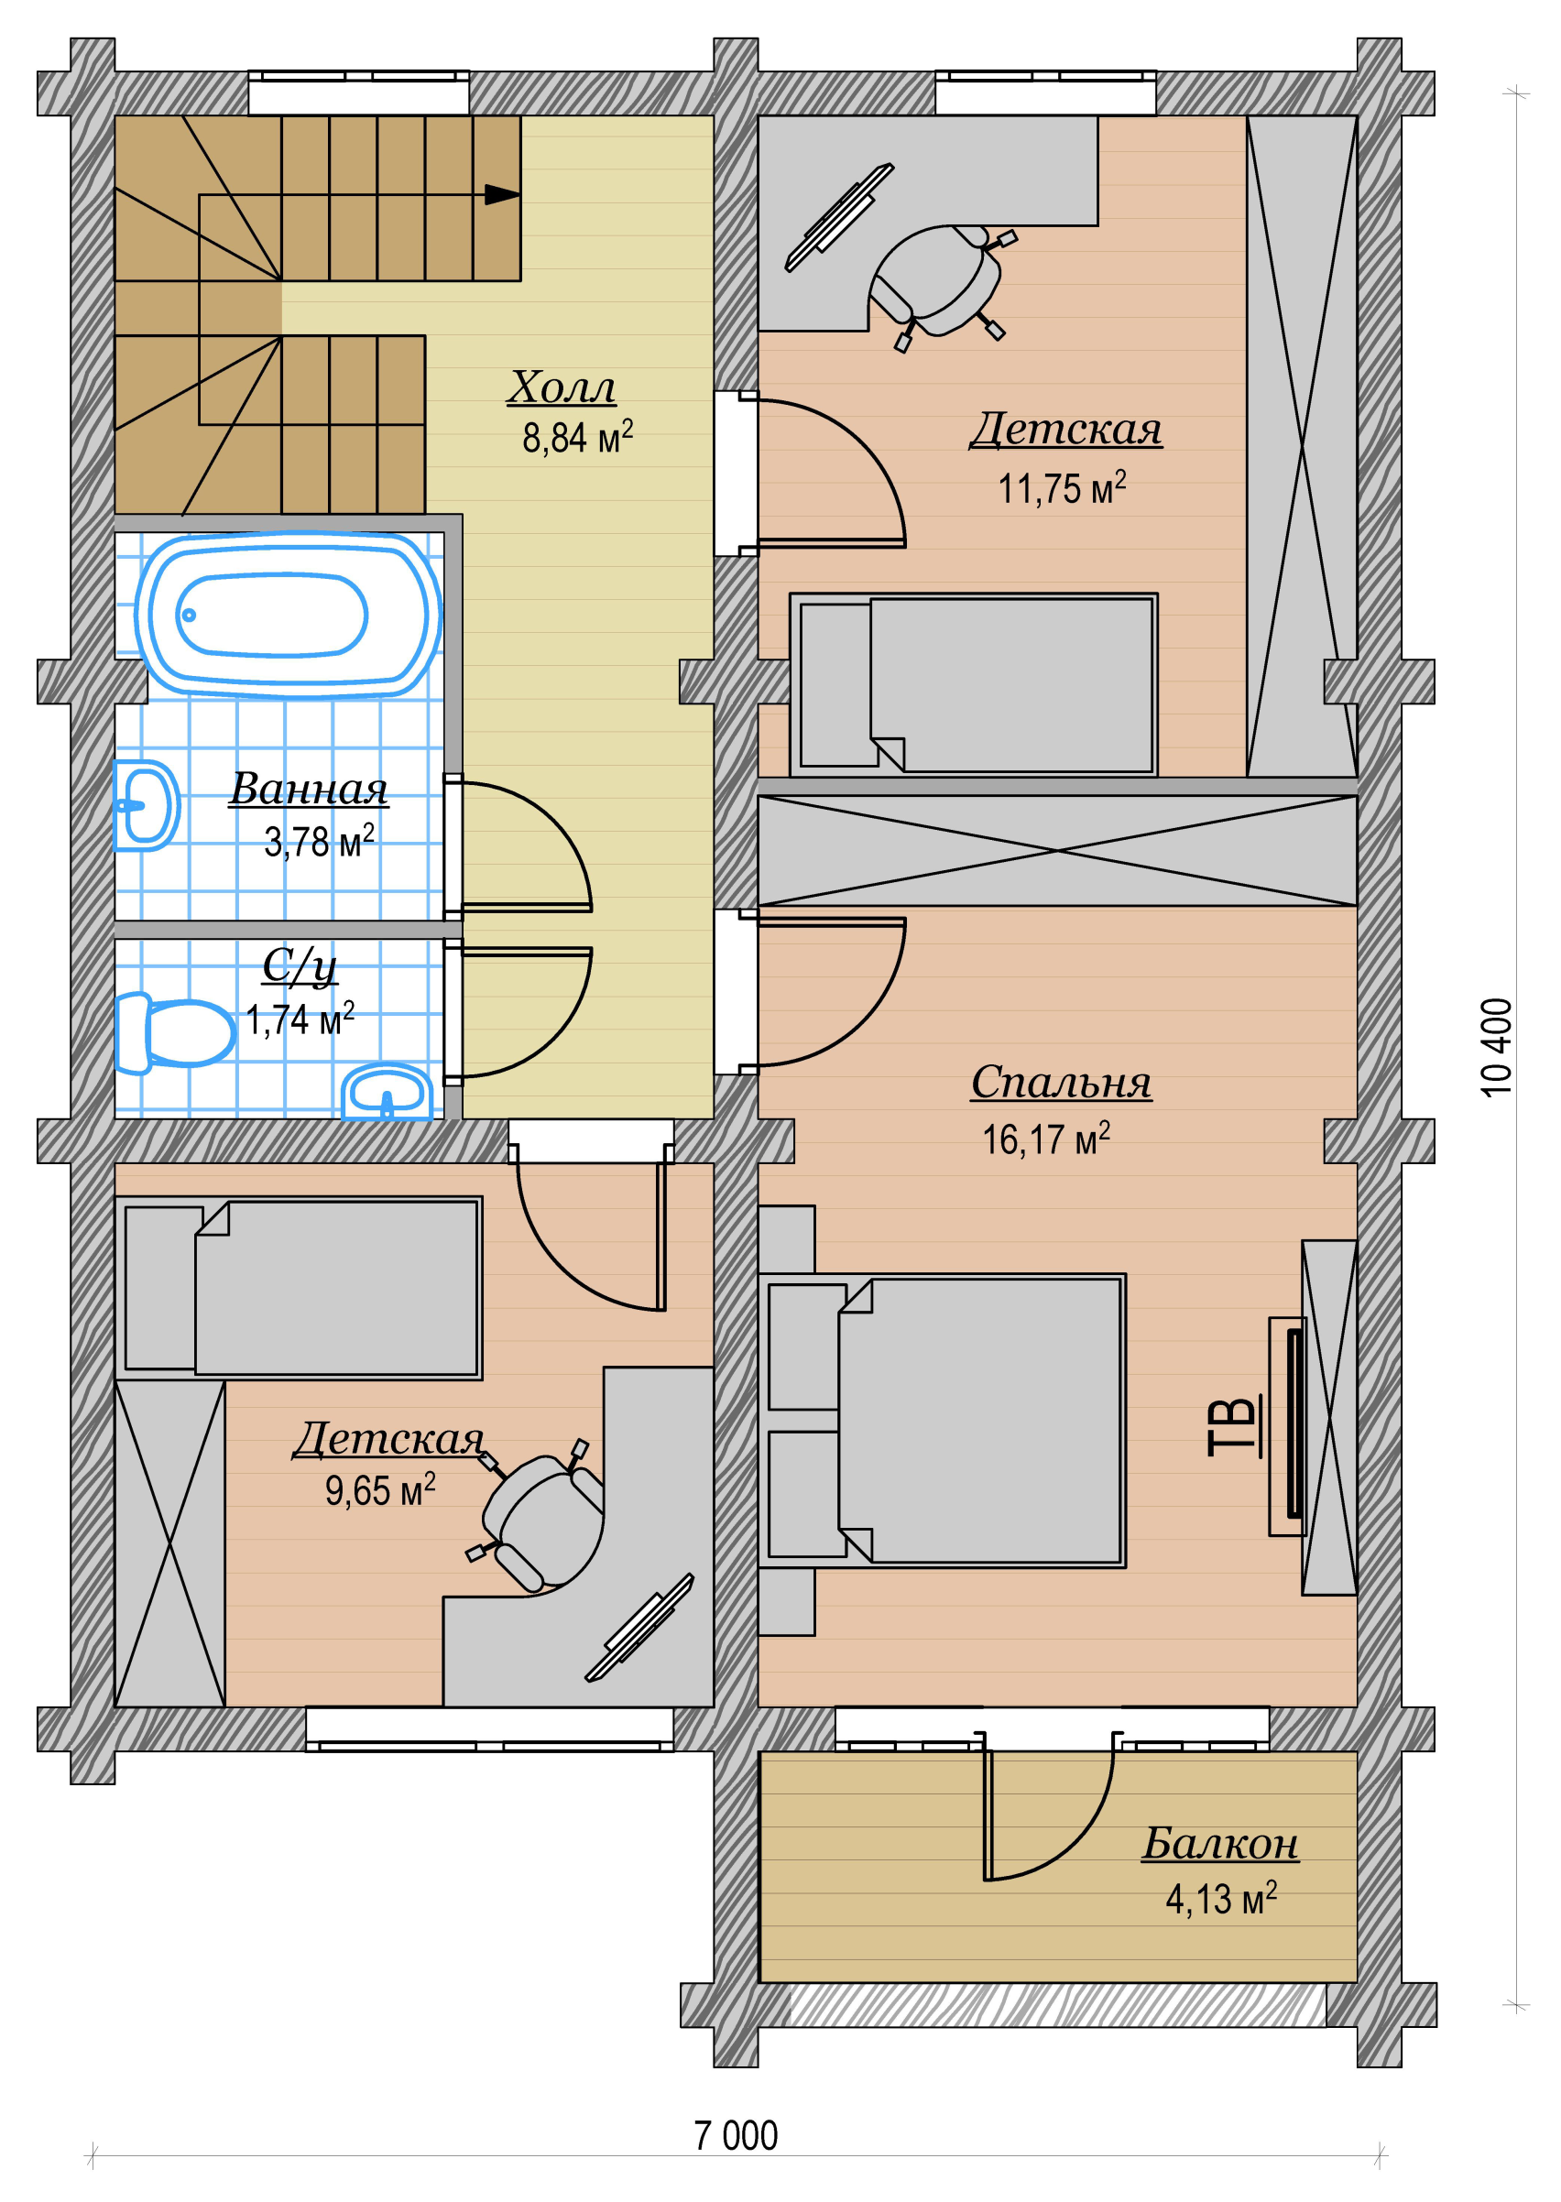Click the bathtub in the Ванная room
click(x=288, y=615)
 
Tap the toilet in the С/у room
click(x=174, y=1032)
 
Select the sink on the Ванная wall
click(x=146, y=805)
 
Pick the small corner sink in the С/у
click(x=388, y=1092)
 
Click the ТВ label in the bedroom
click(x=1232, y=1426)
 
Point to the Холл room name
click(x=562, y=387)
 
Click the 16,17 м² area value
click(x=1046, y=1139)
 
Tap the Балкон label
click(x=1220, y=1843)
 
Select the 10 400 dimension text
click(x=1497, y=1047)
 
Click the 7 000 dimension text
click(x=737, y=2136)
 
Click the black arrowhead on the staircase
click(x=502, y=195)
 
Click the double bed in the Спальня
click(x=942, y=1421)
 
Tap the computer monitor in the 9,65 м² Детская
click(x=640, y=1628)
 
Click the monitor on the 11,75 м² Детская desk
click(x=839, y=217)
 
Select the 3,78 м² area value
click(x=319, y=842)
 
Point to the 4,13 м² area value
click(x=1221, y=1899)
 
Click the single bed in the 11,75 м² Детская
click(x=974, y=684)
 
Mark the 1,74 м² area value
click(x=300, y=1019)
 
